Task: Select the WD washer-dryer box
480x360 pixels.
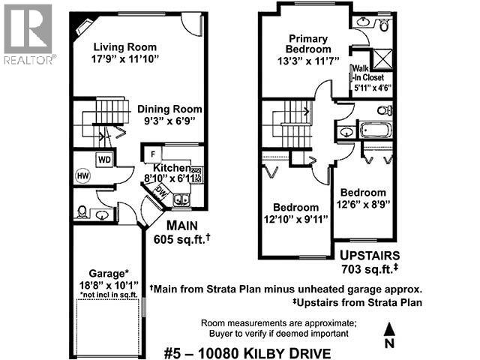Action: tap(103, 159)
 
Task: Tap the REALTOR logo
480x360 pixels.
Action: tap(28, 34)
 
